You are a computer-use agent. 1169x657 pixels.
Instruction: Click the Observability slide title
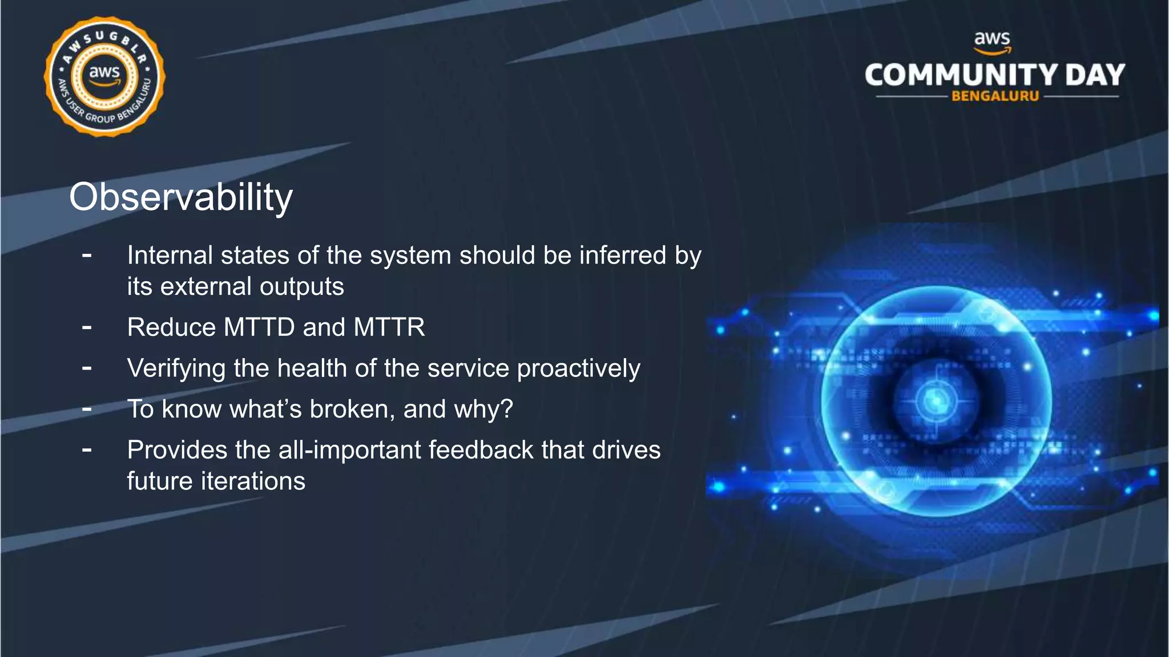pyautogui.click(x=180, y=197)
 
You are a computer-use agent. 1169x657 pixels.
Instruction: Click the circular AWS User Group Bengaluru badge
pyautogui.click(x=104, y=76)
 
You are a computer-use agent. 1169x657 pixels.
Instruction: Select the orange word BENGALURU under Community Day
pyautogui.click(x=995, y=96)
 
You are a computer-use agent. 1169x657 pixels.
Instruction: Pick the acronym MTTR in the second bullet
pyautogui.click(x=389, y=327)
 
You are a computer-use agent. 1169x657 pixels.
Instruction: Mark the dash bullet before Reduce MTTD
pyautogui.click(x=87, y=327)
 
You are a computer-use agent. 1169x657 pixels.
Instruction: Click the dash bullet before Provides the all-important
pyautogui.click(x=87, y=450)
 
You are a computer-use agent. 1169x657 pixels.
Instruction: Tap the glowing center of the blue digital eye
pyautogui.click(x=935, y=400)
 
